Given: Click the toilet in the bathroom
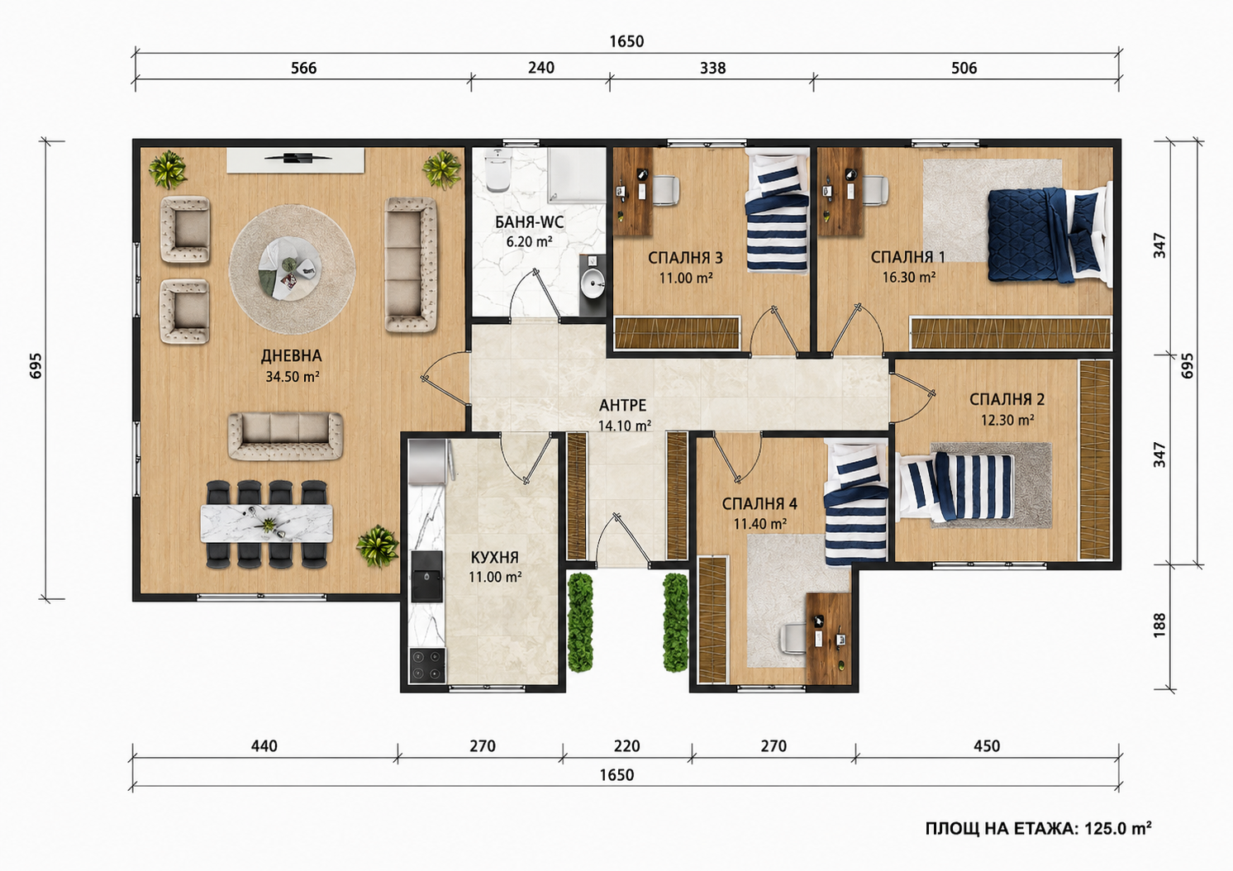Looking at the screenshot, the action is tap(498, 170).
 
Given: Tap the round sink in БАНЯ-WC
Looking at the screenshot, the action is tap(593, 284).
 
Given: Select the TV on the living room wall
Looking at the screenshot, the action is tap(298, 159).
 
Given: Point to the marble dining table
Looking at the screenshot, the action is tap(267, 524).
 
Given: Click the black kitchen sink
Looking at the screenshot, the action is tap(426, 577).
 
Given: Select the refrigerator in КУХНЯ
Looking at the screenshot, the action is tap(431, 463).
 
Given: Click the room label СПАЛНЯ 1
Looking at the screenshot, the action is tap(908, 257).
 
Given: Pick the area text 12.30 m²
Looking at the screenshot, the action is tap(1007, 420).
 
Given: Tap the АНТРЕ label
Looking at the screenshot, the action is tap(622, 406).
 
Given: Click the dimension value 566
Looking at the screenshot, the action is tap(303, 68).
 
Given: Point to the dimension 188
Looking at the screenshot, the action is tap(1159, 626).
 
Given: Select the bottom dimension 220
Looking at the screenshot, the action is tap(627, 746).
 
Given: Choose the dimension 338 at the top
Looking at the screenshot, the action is tap(713, 68).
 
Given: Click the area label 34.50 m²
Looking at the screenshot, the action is tap(293, 377).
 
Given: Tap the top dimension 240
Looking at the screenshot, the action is tap(541, 68).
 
